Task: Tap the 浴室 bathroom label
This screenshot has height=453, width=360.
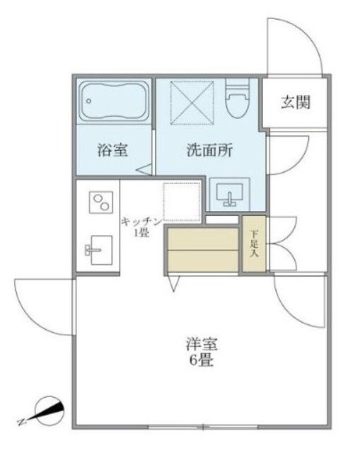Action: (112, 150)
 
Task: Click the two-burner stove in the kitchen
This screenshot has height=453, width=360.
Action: (98, 203)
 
